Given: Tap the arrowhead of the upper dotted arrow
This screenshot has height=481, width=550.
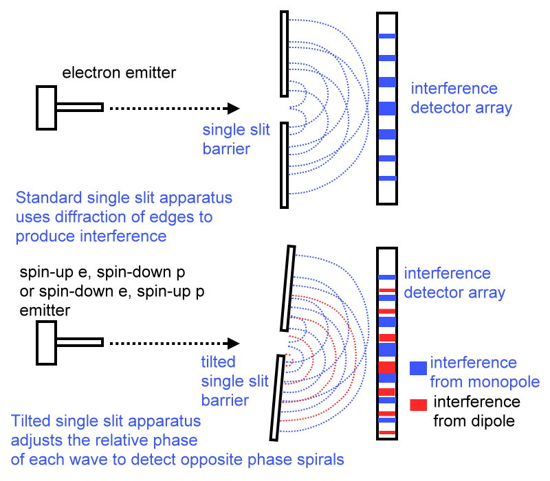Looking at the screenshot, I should (x=233, y=108).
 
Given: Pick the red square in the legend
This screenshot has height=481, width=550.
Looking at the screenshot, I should (x=417, y=405).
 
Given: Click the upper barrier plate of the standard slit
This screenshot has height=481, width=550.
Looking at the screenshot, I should (x=284, y=53).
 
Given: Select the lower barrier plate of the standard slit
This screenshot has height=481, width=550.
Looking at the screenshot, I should (x=284, y=165).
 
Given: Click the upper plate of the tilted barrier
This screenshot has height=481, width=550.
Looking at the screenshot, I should (x=287, y=289).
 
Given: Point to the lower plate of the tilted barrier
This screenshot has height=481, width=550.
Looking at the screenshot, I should (x=276, y=399).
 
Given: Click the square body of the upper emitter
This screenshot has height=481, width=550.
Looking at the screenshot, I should (x=46, y=107).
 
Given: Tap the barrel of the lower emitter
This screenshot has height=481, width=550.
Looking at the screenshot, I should (x=79, y=342).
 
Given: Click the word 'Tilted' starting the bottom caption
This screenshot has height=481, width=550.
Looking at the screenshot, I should (x=31, y=421).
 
